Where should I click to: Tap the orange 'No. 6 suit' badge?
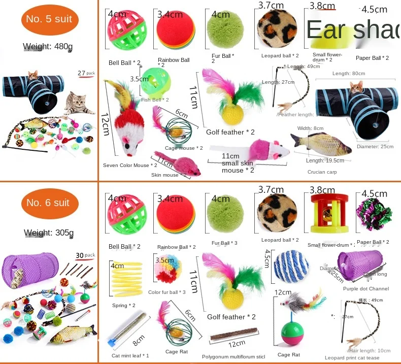[x=48, y=203]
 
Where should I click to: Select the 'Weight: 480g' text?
[x=48, y=47]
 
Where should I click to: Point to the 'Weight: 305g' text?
[x=49, y=233]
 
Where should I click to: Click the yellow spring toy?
[x=124, y=279]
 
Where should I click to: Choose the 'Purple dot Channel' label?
[x=365, y=289]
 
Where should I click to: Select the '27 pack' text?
[x=87, y=73]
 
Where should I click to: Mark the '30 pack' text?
[x=86, y=255]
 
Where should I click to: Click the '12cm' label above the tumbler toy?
[x=283, y=292]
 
